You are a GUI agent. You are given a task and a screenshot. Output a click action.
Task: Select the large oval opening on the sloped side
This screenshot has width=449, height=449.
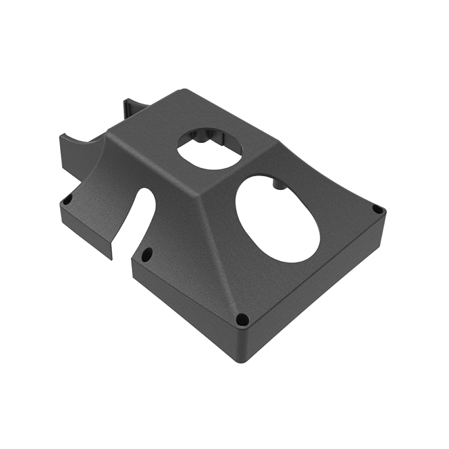click(x=278, y=218)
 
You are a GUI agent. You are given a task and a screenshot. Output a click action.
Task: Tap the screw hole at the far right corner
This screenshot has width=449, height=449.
click(x=376, y=209)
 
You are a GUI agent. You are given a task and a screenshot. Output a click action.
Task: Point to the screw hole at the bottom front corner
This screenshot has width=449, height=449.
click(x=242, y=319)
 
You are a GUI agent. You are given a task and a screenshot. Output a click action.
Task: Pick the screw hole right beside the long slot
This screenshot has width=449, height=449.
click(x=146, y=255)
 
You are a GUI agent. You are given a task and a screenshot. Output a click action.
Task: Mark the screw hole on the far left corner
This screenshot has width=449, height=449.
click(x=67, y=200)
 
